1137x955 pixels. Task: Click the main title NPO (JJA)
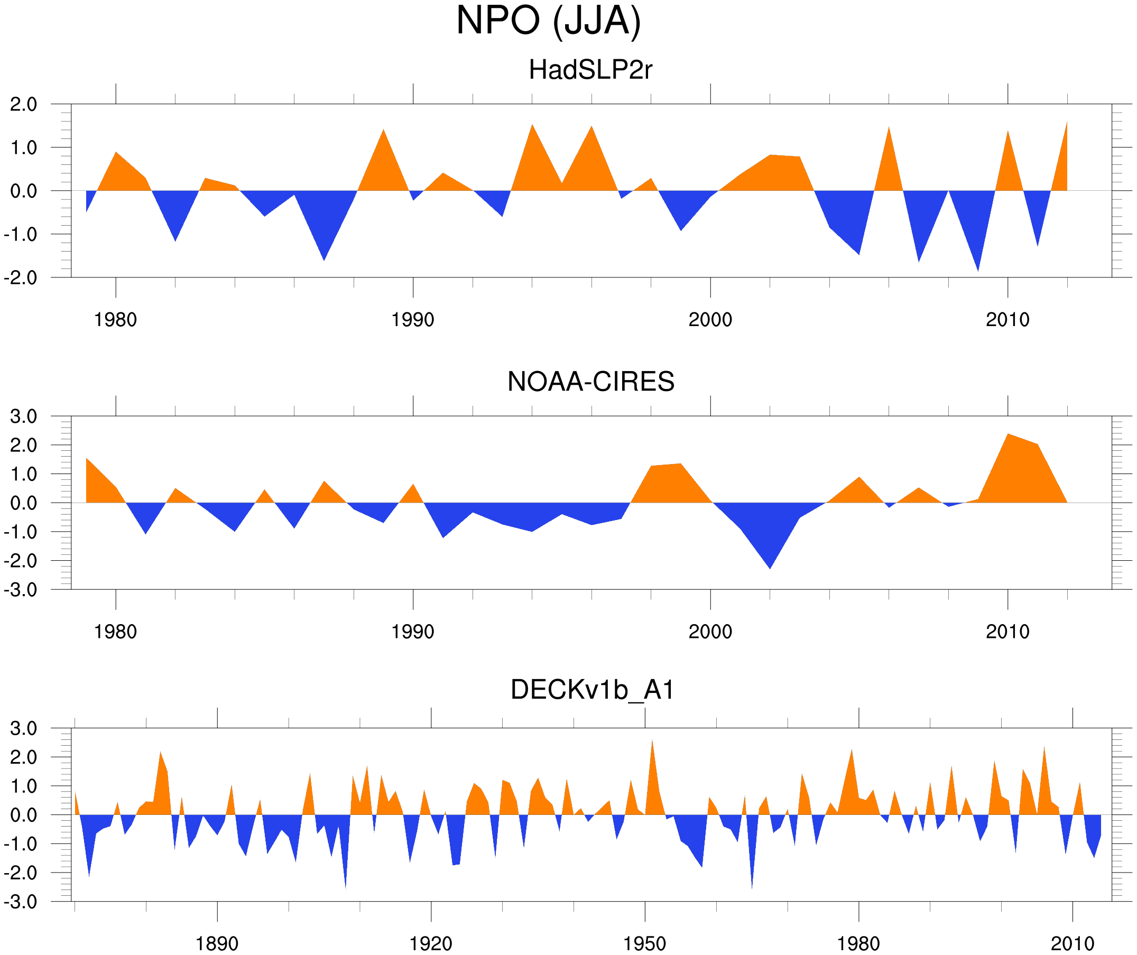click(x=548, y=21)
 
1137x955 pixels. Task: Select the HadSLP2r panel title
click(x=590, y=70)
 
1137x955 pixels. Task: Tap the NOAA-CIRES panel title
click(x=590, y=382)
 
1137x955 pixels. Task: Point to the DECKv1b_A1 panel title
click(x=592, y=690)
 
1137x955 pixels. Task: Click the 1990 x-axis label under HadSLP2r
click(x=413, y=320)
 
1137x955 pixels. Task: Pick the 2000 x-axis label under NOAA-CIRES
click(x=710, y=632)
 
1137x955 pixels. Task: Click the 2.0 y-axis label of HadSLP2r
click(x=23, y=105)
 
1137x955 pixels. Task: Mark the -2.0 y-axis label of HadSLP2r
click(x=21, y=278)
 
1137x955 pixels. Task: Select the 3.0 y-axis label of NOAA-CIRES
click(x=23, y=417)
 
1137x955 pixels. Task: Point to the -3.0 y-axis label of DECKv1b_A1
click(x=21, y=903)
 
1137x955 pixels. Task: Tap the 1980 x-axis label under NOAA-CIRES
click(x=115, y=632)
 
